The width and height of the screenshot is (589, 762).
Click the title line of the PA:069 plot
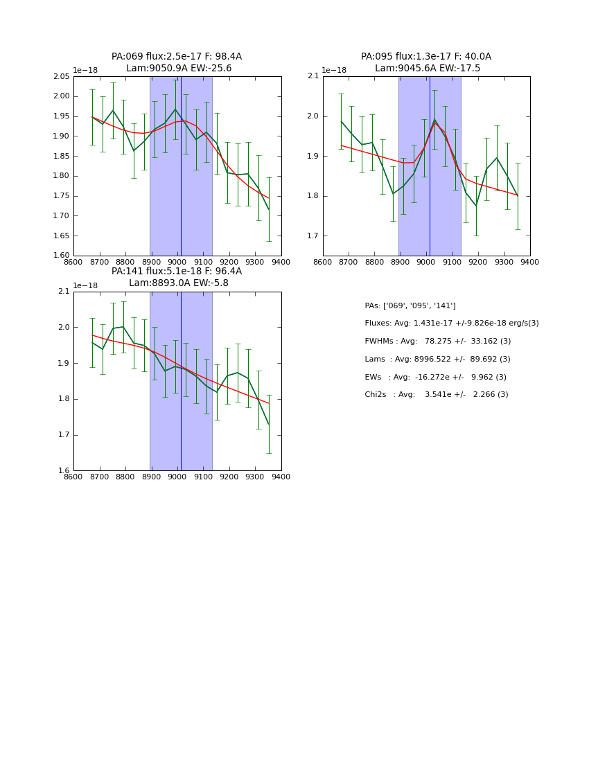[x=177, y=57]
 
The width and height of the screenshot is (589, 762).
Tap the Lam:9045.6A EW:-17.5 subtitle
[x=428, y=69]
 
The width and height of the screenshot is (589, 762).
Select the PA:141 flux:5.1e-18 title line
[x=177, y=272]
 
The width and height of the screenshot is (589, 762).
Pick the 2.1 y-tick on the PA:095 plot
[x=314, y=77]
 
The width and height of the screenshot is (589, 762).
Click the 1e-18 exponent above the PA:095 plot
[x=333, y=70]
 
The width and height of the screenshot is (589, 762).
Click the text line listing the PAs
[x=410, y=306]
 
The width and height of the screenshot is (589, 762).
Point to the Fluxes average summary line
[x=451, y=324]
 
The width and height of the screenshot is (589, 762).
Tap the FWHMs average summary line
[x=437, y=342]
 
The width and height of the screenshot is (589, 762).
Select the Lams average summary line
[x=437, y=360]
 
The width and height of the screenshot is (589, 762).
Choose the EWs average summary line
[x=435, y=378]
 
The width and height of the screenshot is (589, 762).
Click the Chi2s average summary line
[x=436, y=395]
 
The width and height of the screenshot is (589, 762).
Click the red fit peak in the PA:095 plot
[x=435, y=123]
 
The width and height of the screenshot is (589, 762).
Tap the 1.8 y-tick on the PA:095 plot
[x=314, y=196]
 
